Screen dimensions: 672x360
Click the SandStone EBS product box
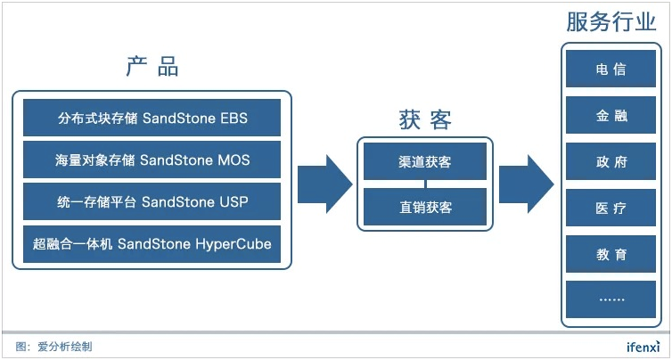click(x=152, y=118)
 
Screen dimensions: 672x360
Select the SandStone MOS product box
click(x=152, y=160)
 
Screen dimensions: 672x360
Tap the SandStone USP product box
click(x=152, y=201)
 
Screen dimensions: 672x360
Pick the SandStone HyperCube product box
click(x=152, y=244)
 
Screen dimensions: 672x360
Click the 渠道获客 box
click(x=425, y=161)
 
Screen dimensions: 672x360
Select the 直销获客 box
click(x=425, y=207)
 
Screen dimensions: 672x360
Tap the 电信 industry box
click(x=611, y=69)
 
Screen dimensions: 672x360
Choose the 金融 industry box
click(x=611, y=115)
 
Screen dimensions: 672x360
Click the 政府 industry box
click(x=611, y=161)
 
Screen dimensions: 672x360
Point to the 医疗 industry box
click(x=611, y=208)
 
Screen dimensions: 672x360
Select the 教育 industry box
click(x=611, y=254)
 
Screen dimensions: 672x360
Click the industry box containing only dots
click(x=611, y=299)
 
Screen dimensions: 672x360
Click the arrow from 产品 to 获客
click(x=324, y=184)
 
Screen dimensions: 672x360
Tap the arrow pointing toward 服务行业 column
click(x=527, y=184)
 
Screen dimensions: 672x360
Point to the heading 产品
click(x=152, y=67)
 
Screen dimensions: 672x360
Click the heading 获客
click(x=425, y=120)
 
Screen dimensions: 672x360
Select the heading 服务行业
click(x=611, y=21)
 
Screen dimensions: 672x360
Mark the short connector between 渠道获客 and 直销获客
click(x=425, y=184)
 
